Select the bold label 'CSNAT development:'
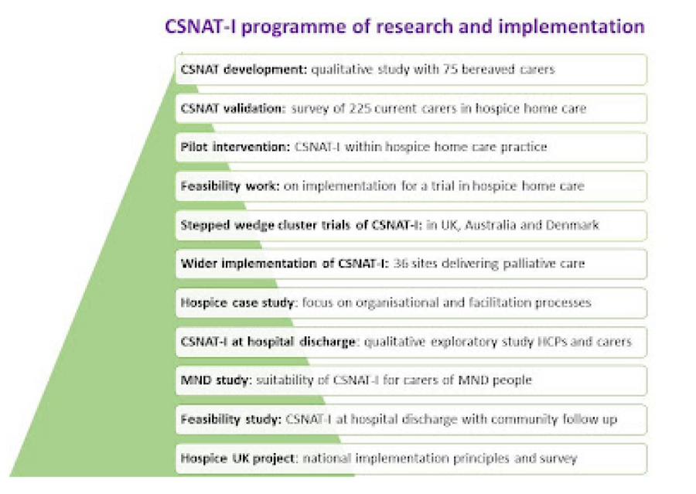point(244,70)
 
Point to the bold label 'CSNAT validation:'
point(234,108)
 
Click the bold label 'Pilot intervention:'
point(235,147)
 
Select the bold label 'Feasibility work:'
point(230,186)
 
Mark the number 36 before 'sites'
point(401,263)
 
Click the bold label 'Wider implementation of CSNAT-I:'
point(285,264)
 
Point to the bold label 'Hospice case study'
point(237,303)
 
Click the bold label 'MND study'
point(216,380)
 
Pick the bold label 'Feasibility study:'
point(230,420)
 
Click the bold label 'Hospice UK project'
point(237,458)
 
